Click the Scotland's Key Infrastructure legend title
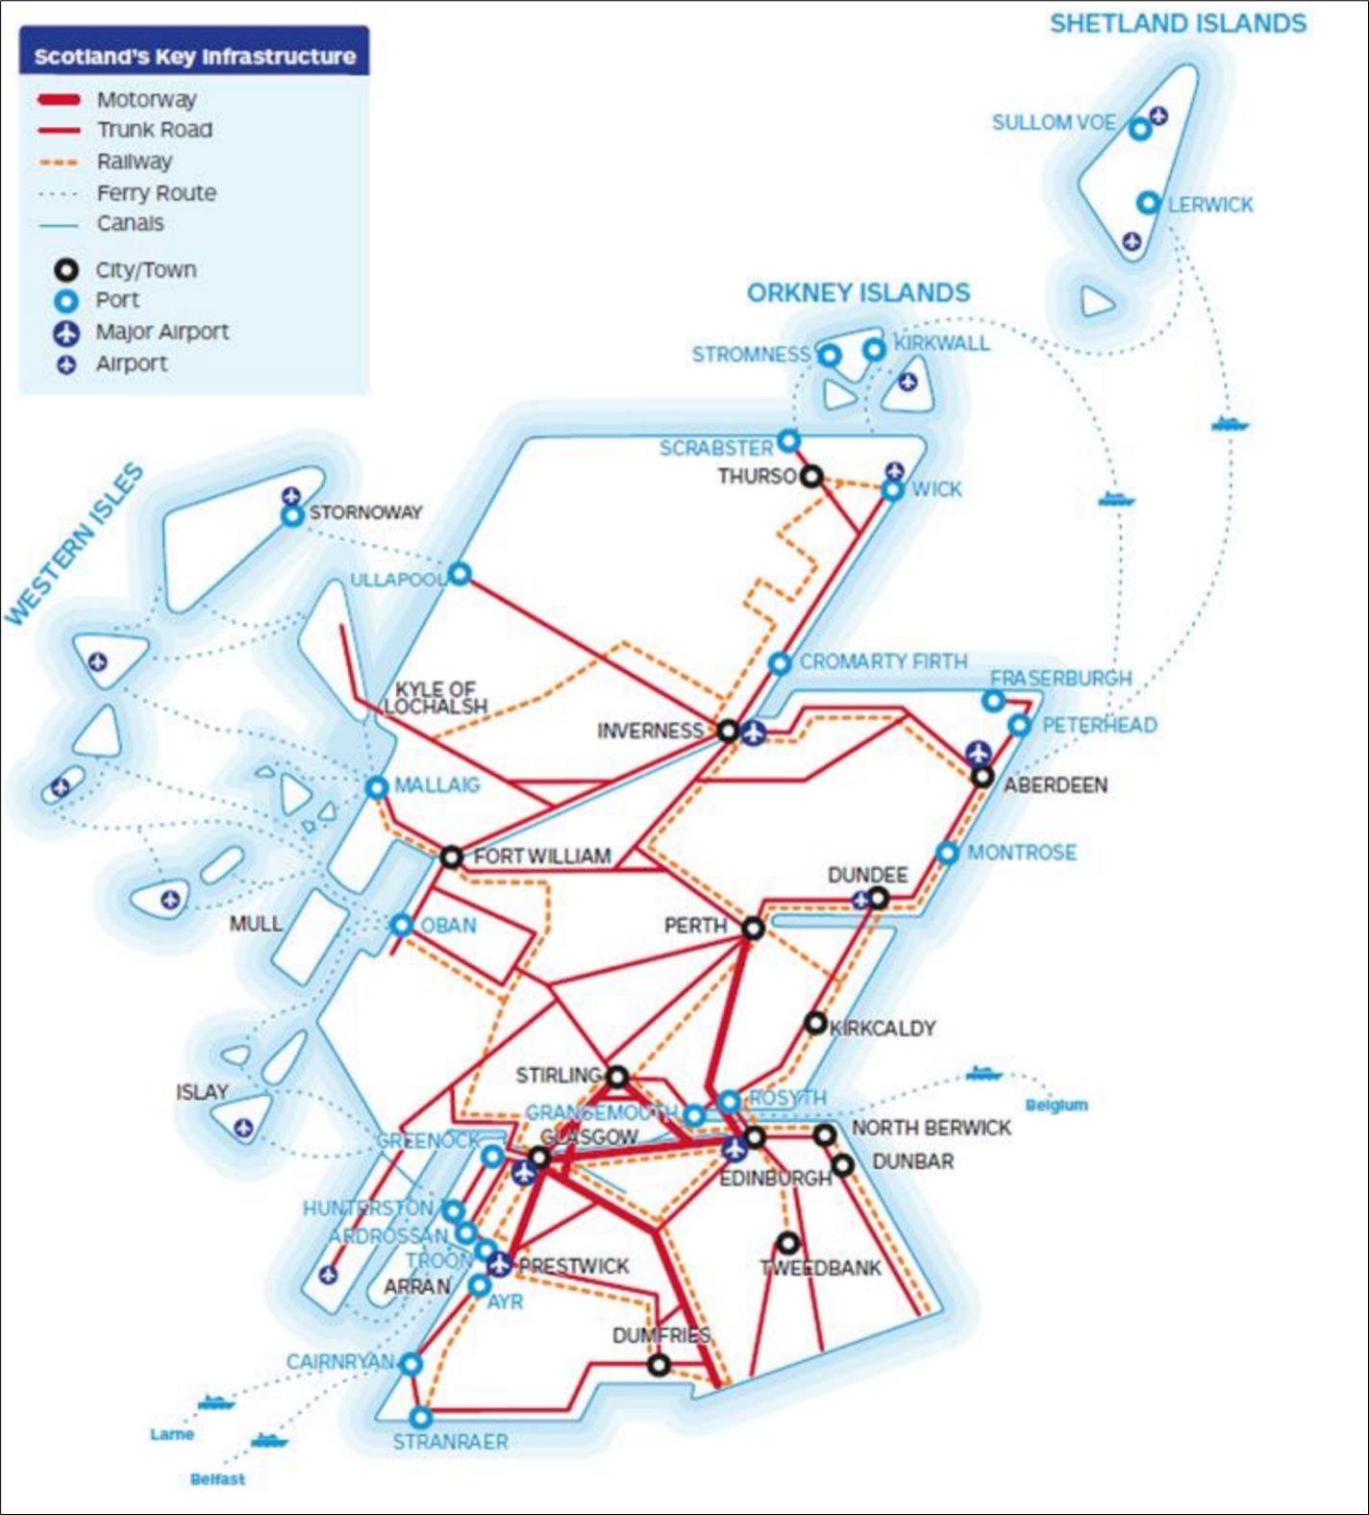(194, 57)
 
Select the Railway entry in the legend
(134, 161)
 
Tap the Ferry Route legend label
(156, 193)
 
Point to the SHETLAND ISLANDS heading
(1178, 23)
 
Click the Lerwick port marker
(1148, 203)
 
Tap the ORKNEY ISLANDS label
(859, 293)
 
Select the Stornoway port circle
(292, 516)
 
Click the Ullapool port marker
(460, 574)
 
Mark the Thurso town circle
(812, 476)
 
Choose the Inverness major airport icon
(754, 733)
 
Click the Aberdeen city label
(1056, 785)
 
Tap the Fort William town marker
(452, 857)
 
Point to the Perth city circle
(754, 928)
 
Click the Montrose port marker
(947, 853)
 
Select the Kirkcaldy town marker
(815, 1023)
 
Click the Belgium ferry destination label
(1057, 1105)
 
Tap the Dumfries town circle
(659, 1364)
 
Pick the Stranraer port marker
(420, 1417)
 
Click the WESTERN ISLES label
(75, 544)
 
